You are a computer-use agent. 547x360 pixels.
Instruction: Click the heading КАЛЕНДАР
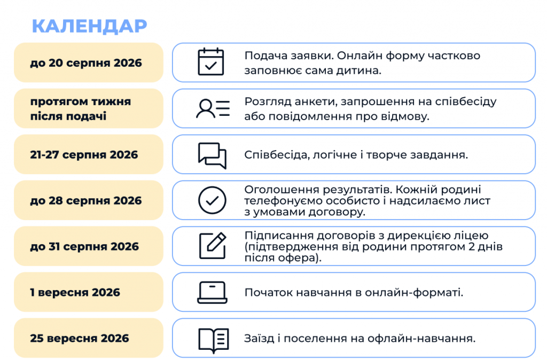coord(89,26)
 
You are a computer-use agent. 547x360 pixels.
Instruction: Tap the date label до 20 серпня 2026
coord(86,63)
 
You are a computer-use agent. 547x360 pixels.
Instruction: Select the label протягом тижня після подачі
coord(81,108)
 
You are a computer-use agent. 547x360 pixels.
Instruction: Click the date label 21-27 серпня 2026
coord(84,154)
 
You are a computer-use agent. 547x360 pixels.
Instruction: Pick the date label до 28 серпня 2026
coord(86,201)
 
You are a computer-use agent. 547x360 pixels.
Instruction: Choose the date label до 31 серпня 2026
coord(84,246)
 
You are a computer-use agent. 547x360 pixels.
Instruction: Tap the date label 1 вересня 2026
coord(75,292)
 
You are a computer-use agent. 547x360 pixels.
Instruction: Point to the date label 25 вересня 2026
coord(79,338)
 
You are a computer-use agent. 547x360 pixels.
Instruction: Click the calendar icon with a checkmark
coord(210,62)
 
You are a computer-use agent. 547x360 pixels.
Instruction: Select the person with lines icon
coord(213,108)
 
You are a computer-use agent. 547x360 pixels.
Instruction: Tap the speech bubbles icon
coord(212,155)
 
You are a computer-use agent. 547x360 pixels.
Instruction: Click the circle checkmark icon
coord(212,200)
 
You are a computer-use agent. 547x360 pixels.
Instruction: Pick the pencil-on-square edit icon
coord(213,246)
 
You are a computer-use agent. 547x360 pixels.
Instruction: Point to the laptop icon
coord(212,292)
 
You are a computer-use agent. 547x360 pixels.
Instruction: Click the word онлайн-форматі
coord(414,292)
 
